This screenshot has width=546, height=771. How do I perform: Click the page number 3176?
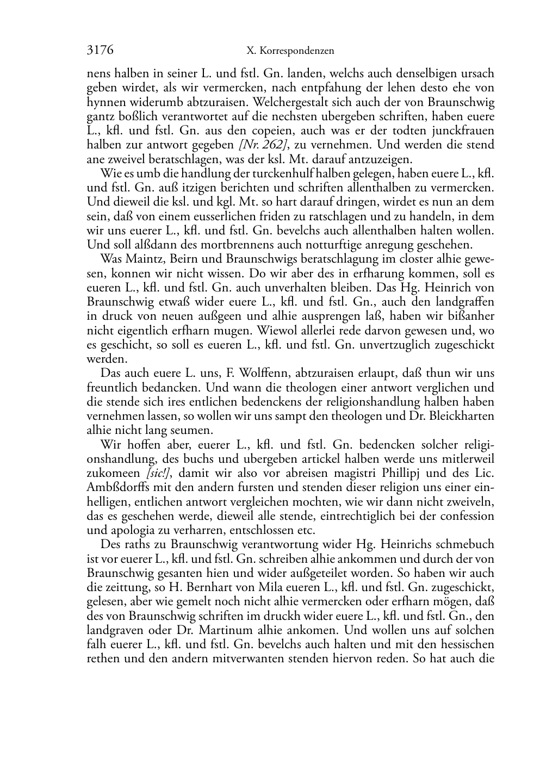click(100, 51)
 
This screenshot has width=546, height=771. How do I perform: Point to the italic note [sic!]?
click(163, 473)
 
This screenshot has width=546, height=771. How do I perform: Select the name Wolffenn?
click(264, 373)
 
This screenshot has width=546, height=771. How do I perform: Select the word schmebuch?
click(468, 544)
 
